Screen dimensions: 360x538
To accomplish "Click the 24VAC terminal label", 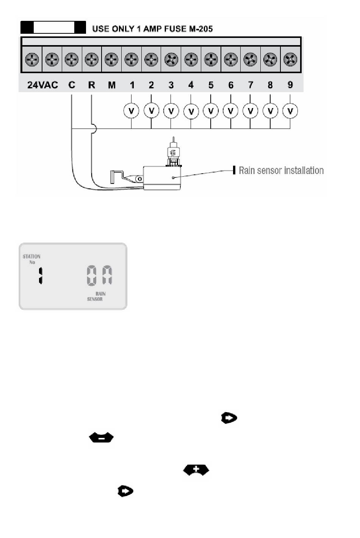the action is point(42,85).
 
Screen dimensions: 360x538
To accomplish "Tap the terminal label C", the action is point(72,85).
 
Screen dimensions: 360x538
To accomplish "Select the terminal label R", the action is point(91,85).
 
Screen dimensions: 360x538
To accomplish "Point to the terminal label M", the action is point(111,85).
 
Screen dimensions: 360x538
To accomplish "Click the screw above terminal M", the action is point(111,59).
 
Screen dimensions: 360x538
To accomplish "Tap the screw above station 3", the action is point(171,59).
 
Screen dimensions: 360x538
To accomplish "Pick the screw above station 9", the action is point(290,59).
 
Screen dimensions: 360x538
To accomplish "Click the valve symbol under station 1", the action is point(131,111).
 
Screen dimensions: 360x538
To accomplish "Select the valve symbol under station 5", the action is point(211,111).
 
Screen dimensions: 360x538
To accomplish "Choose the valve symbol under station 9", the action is point(290,111).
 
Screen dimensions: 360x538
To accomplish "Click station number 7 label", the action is point(250,85).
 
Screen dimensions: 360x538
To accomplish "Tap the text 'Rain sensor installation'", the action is point(281,170).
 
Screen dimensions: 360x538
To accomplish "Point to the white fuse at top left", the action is point(54,27).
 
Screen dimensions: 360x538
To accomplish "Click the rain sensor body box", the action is point(162,178).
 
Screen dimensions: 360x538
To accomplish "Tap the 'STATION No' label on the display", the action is point(32,259).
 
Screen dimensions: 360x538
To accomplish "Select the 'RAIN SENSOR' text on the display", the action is point(96,296).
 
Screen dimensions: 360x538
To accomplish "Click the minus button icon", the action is point(101,438).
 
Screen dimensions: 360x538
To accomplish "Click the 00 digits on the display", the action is point(99,276).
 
